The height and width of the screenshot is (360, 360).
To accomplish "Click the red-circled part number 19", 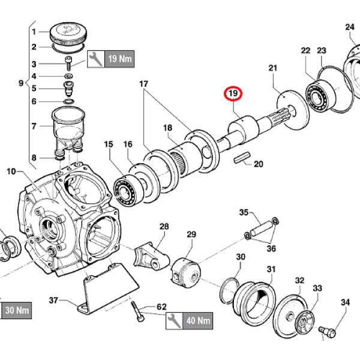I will click(x=232, y=94).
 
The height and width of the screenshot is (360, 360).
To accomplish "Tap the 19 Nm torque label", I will click(x=118, y=58).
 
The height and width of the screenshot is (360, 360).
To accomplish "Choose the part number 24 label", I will click(x=350, y=27).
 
